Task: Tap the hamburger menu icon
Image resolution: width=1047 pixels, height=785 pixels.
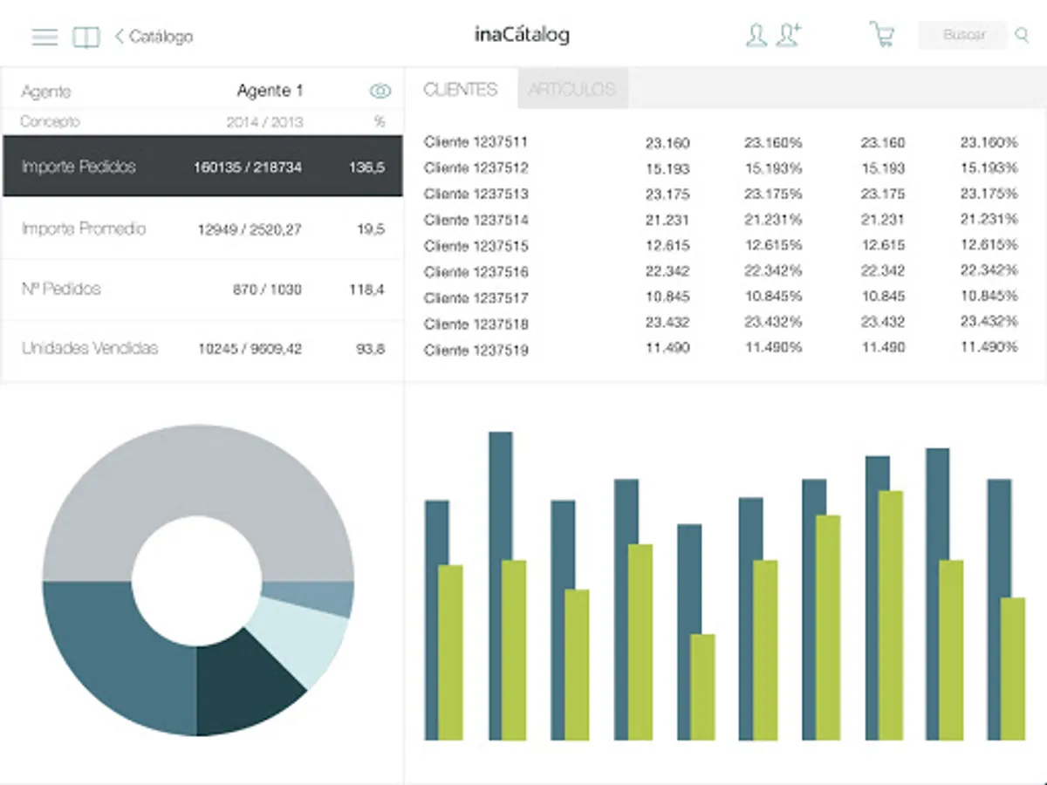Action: [x=44, y=37]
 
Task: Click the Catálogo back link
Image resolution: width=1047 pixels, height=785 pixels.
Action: [x=154, y=37]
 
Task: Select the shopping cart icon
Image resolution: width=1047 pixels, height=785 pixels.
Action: [x=882, y=35]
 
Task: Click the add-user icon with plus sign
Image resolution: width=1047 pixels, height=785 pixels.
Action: [x=790, y=35]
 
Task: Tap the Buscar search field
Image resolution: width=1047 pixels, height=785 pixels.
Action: [x=963, y=35]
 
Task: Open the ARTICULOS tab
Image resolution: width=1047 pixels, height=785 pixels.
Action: [x=572, y=89]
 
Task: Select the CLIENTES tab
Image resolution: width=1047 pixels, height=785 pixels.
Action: [x=461, y=89]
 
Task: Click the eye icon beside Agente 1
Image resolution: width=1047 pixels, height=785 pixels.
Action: [x=380, y=91]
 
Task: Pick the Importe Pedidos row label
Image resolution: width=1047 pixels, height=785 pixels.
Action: [x=79, y=167]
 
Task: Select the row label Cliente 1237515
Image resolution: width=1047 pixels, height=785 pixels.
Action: [x=476, y=246]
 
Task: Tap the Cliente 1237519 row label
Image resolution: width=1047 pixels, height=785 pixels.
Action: [x=476, y=351]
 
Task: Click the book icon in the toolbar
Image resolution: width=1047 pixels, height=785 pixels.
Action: [x=86, y=37]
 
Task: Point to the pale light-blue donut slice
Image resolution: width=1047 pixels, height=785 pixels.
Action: [x=301, y=641]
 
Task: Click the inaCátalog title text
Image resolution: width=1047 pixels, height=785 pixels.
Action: [x=522, y=35]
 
